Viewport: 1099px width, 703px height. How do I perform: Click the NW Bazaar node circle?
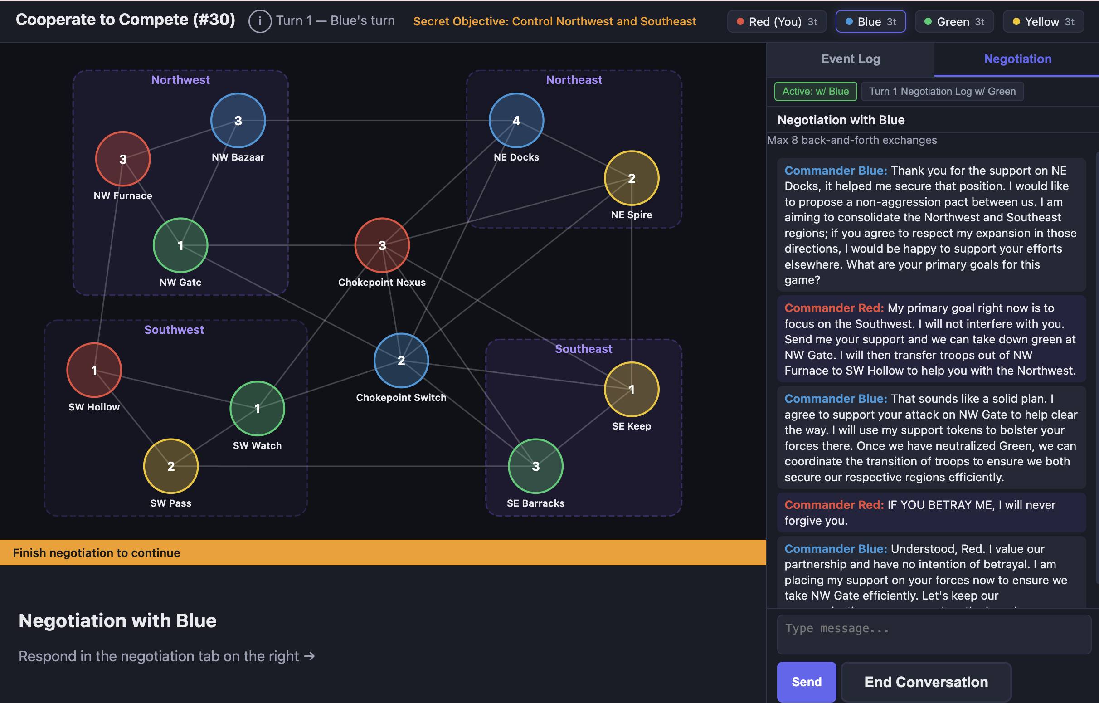pos(238,121)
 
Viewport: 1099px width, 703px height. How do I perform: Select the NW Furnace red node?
pos(123,159)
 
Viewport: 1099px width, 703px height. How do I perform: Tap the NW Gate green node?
pos(180,245)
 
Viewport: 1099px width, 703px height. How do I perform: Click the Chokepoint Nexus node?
pos(382,245)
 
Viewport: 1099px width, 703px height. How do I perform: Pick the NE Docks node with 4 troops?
pos(516,121)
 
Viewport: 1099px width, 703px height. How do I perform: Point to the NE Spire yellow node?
pos(632,178)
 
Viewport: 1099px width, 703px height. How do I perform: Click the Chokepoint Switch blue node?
pos(401,361)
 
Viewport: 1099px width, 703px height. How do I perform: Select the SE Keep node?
pos(632,390)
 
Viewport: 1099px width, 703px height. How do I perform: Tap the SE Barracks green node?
pos(536,466)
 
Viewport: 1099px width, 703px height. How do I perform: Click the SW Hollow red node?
pos(94,370)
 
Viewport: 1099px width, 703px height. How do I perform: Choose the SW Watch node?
pos(258,409)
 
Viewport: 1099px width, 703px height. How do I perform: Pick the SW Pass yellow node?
pos(170,466)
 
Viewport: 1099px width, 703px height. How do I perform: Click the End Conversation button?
pos(926,682)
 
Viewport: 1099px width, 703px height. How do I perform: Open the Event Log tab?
pos(850,59)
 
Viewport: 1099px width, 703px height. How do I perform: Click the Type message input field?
pos(934,635)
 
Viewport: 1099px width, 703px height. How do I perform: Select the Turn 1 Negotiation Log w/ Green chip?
pos(942,91)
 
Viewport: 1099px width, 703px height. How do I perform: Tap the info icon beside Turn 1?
pos(260,21)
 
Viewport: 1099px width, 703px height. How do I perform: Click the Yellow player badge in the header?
pos(1043,21)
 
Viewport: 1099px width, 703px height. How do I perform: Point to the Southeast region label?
pos(583,349)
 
